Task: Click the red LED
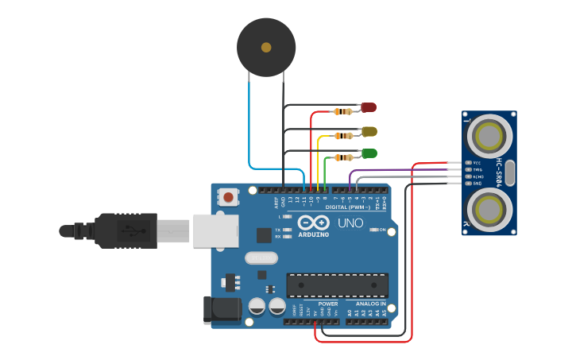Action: point(369,107)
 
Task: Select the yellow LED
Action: point(369,131)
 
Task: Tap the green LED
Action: point(369,153)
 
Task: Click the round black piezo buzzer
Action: point(266,48)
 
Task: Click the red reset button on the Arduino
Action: point(229,196)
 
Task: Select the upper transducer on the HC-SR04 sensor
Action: point(488,137)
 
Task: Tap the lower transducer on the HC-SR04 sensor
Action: point(488,210)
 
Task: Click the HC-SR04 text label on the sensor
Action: point(500,172)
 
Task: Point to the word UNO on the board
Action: point(350,223)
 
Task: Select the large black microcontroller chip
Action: point(337,285)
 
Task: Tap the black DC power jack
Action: point(221,310)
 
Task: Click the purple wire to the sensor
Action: point(397,169)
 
